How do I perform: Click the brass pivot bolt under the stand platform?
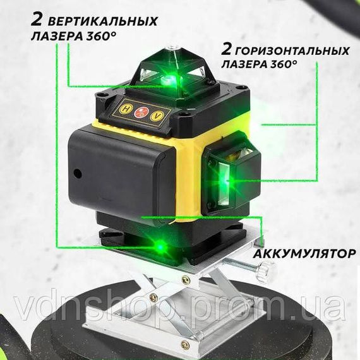[x=153, y=296]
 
